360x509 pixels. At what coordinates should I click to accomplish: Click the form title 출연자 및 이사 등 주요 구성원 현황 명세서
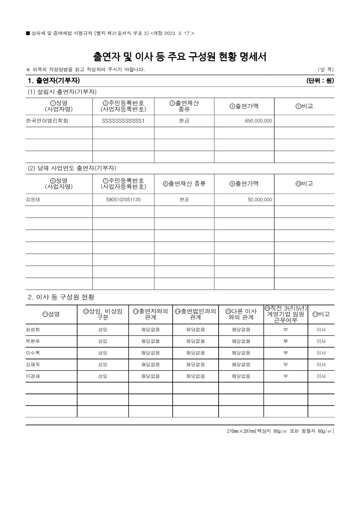(x=180, y=57)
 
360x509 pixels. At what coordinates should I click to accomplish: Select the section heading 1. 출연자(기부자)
(x=54, y=81)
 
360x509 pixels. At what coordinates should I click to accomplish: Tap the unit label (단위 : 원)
(x=320, y=81)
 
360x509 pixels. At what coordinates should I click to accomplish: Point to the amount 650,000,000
(x=258, y=121)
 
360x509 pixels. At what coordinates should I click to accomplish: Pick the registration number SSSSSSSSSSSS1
(x=123, y=121)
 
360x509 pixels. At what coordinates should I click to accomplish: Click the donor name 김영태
(x=33, y=199)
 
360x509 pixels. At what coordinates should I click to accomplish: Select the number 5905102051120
(x=123, y=199)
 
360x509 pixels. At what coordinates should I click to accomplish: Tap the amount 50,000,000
(x=260, y=199)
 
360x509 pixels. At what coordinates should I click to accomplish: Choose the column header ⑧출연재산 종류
(x=184, y=184)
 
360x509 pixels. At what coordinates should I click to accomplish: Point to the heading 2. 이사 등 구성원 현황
(x=61, y=297)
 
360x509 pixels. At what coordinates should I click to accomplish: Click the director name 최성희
(x=33, y=330)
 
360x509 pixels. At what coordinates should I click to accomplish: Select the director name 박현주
(x=33, y=341)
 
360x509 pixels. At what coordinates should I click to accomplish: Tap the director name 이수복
(x=33, y=353)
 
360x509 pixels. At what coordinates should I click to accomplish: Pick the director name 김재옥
(x=33, y=364)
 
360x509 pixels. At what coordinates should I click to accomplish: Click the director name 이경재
(x=33, y=376)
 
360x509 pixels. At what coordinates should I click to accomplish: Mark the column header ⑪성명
(x=51, y=314)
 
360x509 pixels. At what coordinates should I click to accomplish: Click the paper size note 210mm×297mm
(x=241, y=431)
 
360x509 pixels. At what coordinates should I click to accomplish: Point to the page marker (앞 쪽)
(x=326, y=69)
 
